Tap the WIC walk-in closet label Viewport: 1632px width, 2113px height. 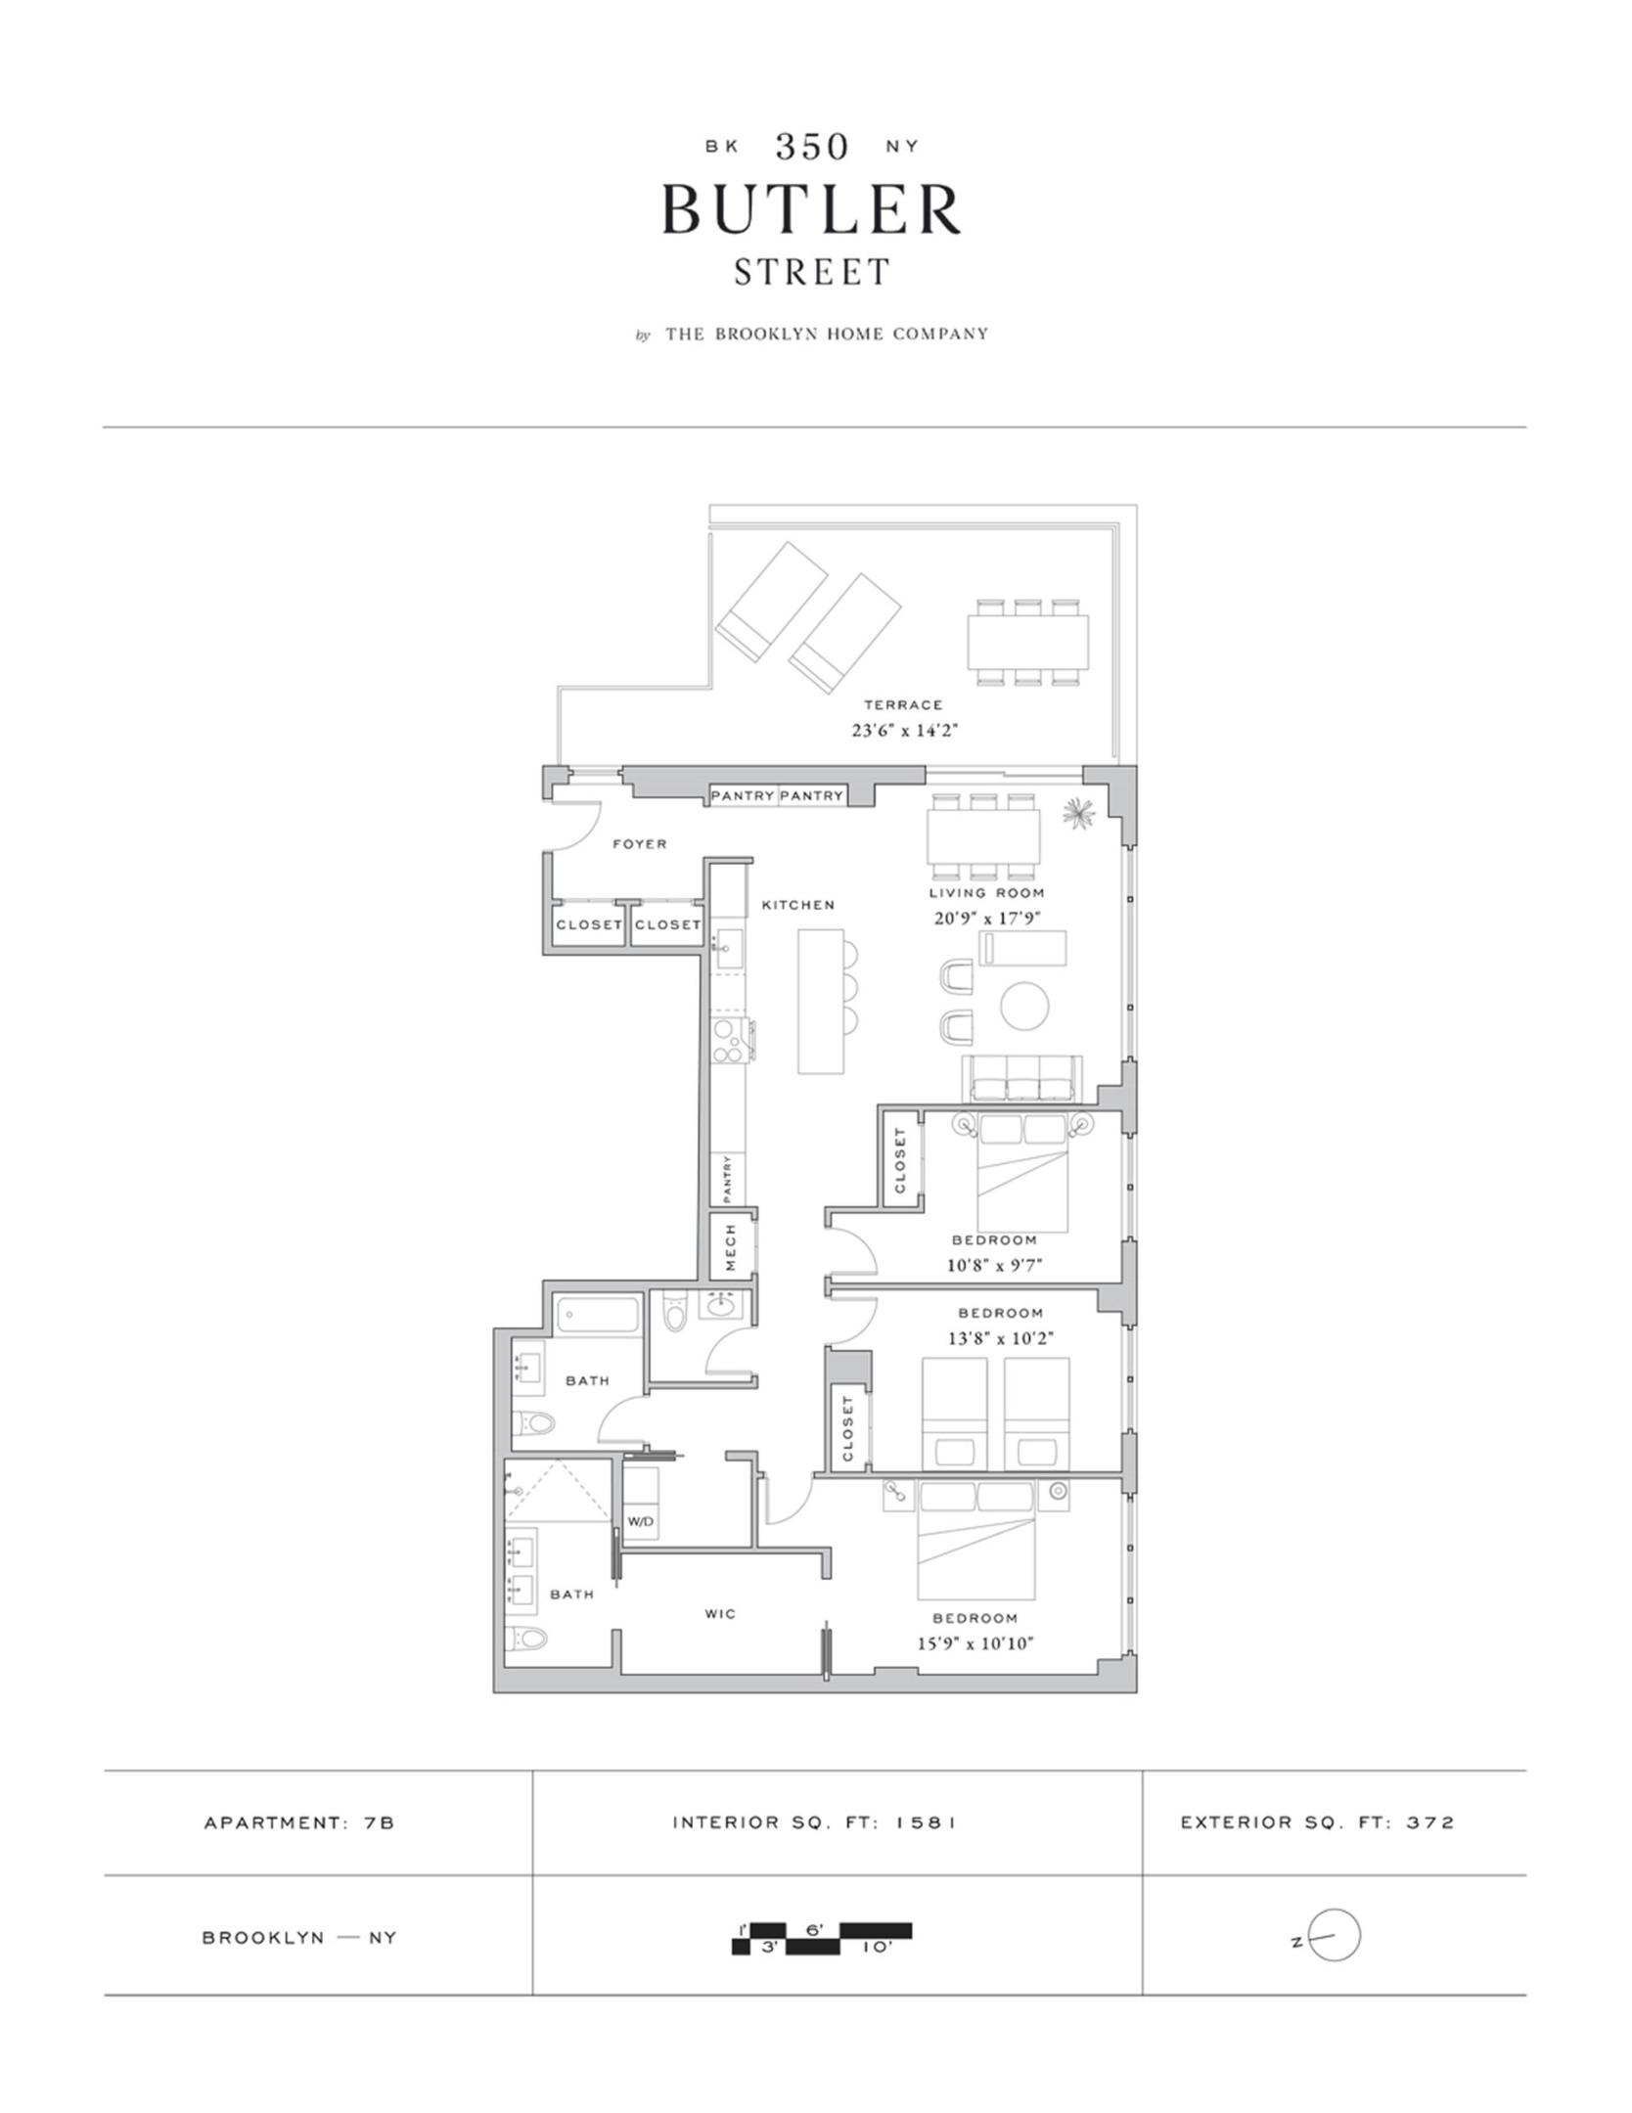click(720, 1613)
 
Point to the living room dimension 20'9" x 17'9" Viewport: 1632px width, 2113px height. click(986, 918)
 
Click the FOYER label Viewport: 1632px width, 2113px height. click(640, 843)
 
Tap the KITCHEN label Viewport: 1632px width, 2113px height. click(798, 905)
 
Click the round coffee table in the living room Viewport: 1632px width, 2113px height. click(1024, 1005)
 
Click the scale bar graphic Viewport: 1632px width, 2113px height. click(822, 1938)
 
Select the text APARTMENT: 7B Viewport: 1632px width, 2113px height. click(299, 1822)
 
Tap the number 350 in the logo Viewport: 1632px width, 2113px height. click(811, 147)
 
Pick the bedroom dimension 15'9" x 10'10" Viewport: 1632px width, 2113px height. click(975, 1643)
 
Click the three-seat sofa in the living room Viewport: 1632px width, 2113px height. click(1022, 1079)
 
